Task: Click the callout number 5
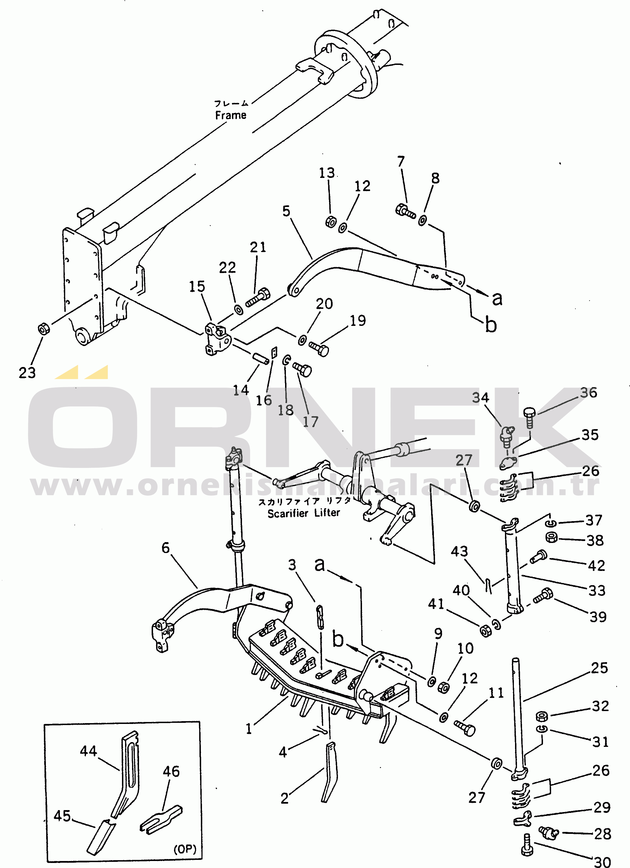pos(286,211)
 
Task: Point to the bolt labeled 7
pos(405,211)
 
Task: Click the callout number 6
pos(165,548)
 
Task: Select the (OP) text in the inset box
pos(185,849)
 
